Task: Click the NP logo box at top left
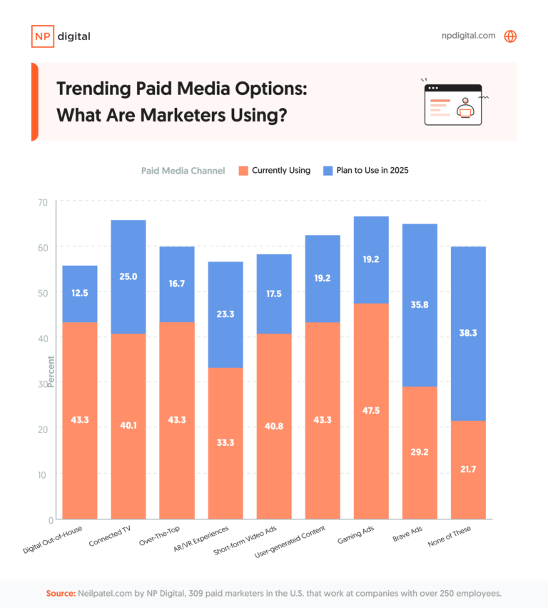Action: tap(42, 36)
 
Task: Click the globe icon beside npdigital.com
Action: tap(510, 36)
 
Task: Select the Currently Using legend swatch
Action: tap(243, 171)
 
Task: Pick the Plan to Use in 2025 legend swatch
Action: tap(328, 171)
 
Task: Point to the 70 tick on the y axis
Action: tap(42, 202)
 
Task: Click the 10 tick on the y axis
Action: tap(42, 474)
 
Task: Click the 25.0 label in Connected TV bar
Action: tap(128, 276)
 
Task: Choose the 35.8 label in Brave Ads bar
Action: tap(420, 304)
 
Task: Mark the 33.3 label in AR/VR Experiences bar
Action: tap(225, 442)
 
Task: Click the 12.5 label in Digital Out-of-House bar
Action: tap(80, 294)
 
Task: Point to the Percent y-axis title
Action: tap(51, 372)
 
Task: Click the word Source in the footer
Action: tap(61, 594)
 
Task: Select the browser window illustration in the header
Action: tap(452, 104)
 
